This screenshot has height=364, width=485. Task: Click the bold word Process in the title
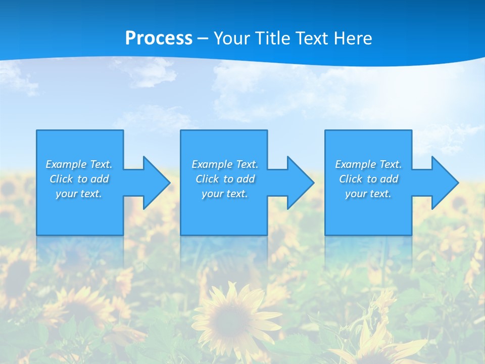pos(159,38)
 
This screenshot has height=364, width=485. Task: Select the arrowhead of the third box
pos(444,183)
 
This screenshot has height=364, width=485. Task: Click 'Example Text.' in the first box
pos(79,164)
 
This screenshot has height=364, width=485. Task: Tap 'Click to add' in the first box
pos(79,179)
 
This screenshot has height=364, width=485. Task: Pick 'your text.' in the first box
pos(79,194)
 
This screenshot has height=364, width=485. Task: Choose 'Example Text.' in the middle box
pos(225,164)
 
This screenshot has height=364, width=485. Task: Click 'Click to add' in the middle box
pos(225,179)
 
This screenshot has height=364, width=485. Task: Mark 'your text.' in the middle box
pos(225,194)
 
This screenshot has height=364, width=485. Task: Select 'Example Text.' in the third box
pos(368,164)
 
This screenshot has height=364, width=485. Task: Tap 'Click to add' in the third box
pos(368,179)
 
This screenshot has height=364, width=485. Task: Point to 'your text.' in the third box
pos(368,194)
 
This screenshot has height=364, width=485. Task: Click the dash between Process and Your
pos(203,39)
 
